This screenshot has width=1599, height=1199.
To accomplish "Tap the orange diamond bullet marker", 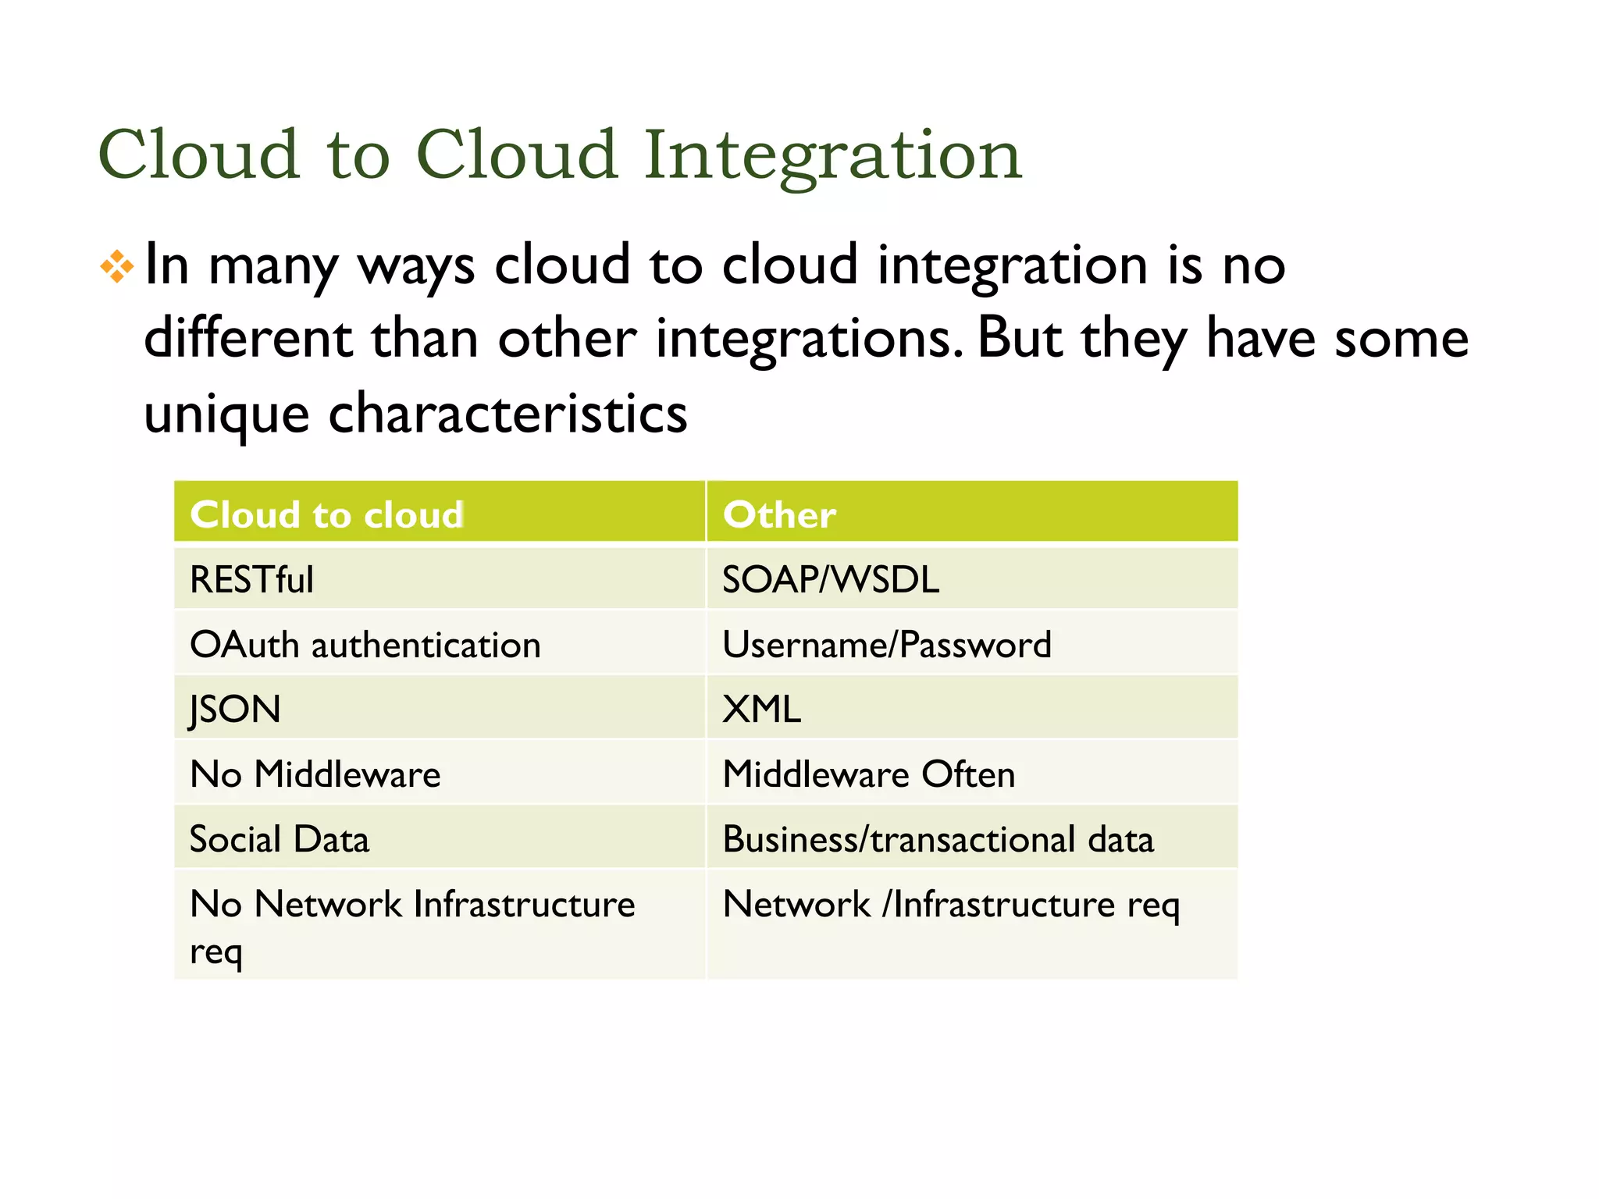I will [x=117, y=267].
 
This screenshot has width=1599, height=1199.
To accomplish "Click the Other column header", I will [x=779, y=515].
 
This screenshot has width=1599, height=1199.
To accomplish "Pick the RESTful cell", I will [x=251, y=580].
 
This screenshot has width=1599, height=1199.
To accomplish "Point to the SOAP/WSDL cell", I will [x=831, y=580].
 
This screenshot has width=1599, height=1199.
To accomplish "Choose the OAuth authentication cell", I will [x=365, y=646].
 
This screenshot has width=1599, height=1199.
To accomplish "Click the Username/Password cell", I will [x=887, y=646].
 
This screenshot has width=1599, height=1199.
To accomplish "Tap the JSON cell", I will [x=235, y=710].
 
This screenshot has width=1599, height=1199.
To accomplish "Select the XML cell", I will [x=761, y=710].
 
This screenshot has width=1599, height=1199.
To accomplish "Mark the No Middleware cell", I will [x=315, y=774].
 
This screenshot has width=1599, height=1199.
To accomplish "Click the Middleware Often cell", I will [x=868, y=774].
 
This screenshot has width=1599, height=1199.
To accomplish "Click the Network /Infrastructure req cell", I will [x=951, y=905].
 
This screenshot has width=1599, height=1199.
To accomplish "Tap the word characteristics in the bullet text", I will [x=507, y=414].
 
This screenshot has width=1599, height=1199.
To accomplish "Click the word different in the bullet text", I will [x=248, y=339].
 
